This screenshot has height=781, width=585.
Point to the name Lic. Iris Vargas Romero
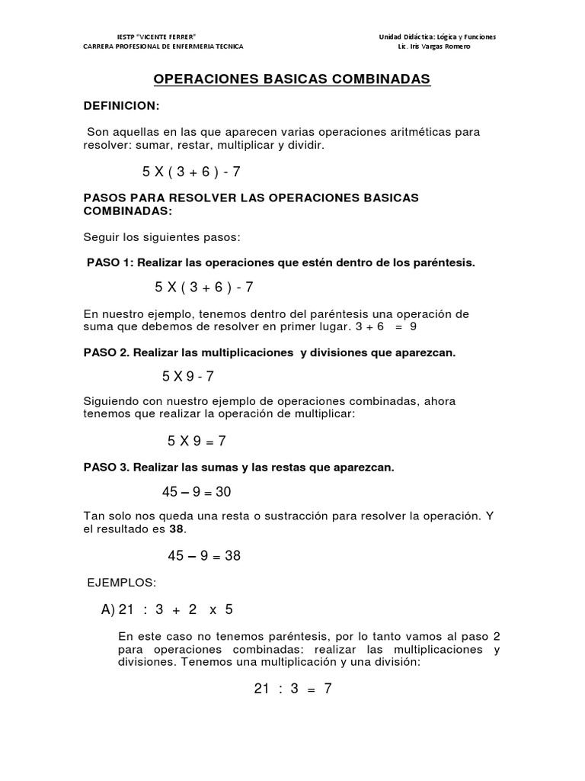434,47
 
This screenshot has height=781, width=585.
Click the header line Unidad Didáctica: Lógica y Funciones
437,37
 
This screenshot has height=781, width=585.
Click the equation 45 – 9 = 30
196,492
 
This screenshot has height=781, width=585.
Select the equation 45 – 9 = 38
203,556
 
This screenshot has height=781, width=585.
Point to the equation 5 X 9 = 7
197,441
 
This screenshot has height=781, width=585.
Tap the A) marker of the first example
107,610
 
